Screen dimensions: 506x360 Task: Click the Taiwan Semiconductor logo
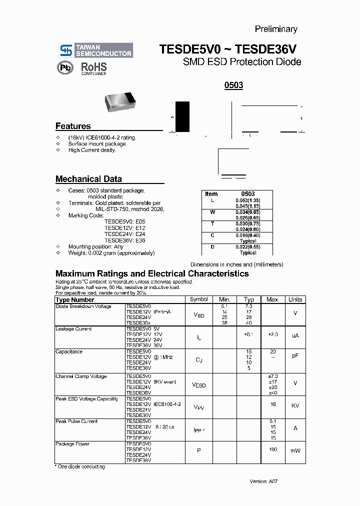point(95,50)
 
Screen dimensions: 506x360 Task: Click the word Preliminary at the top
point(276,29)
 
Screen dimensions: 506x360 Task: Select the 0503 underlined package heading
point(233,85)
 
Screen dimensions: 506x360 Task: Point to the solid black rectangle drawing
point(182,116)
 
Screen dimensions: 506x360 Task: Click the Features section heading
point(73,126)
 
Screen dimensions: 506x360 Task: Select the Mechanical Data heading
point(88,179)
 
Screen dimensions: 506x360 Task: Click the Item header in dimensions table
point(211,194)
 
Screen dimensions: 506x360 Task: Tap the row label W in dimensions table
point(212,212)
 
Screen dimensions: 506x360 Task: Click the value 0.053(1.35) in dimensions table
point(248,200)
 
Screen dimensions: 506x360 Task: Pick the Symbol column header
point(199,299)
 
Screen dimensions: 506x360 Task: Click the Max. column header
point(272,299)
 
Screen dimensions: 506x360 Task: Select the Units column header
point(295,299)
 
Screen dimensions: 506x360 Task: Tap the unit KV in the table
point(295,405)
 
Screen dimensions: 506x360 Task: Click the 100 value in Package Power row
point(272,450)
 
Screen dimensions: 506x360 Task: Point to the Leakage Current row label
point(73,329)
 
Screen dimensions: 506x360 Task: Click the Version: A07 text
point(263,481)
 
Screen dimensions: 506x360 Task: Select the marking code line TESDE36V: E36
point(124,240)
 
